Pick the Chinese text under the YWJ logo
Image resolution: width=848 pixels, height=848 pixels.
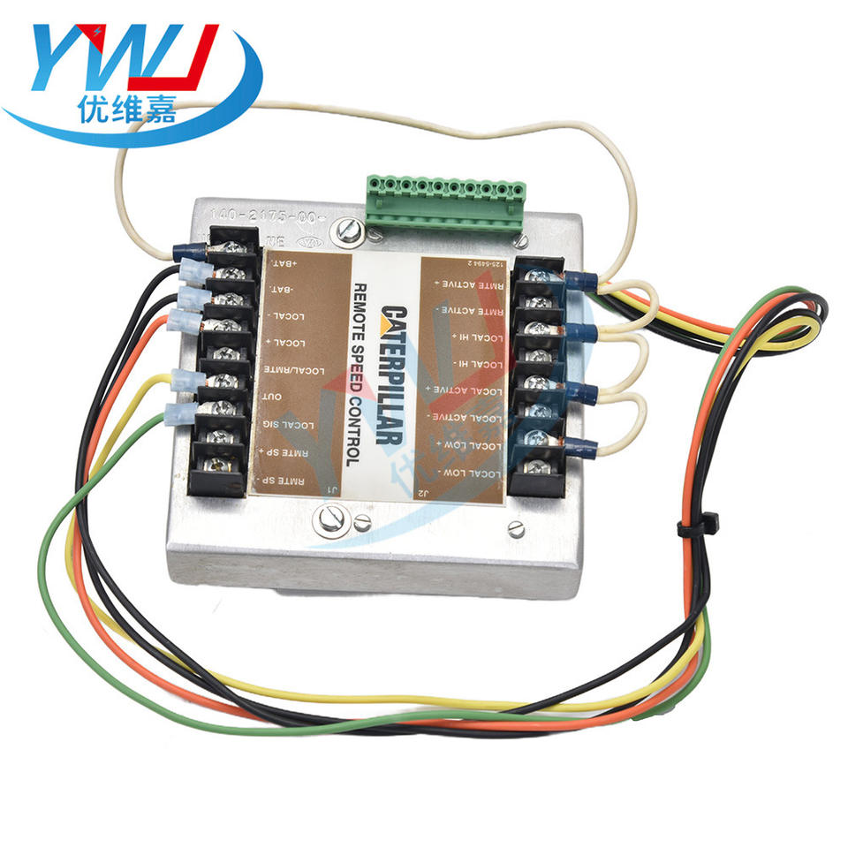128,111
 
